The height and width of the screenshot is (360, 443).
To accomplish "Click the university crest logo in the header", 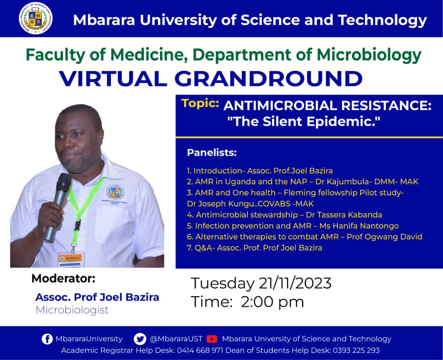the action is [36, 18].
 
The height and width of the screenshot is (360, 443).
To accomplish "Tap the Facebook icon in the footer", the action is [47, 339].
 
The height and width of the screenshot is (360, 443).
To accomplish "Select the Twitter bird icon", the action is [140, 339].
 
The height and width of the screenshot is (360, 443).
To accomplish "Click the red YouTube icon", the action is [212, 339].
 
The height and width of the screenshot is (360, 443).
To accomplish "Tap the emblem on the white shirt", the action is [116, 193].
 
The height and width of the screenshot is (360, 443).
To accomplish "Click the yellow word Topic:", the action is [200, 104].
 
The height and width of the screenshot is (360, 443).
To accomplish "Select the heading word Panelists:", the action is [212, 153].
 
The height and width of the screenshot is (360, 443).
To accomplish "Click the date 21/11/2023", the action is [295, 283].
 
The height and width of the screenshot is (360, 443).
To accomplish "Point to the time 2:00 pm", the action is [272, 302].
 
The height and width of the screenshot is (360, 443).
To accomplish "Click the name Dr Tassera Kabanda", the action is [344, 215].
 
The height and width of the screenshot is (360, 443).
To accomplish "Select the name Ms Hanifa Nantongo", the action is [359, 226].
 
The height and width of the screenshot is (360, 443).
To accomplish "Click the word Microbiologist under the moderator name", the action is [72, 310].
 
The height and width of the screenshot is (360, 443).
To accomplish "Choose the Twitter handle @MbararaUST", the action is [176, 339].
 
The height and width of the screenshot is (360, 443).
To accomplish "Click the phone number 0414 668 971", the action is [200, 351].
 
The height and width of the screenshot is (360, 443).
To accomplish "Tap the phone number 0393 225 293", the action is [356, 351].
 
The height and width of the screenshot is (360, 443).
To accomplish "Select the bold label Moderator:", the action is [64, 278].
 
